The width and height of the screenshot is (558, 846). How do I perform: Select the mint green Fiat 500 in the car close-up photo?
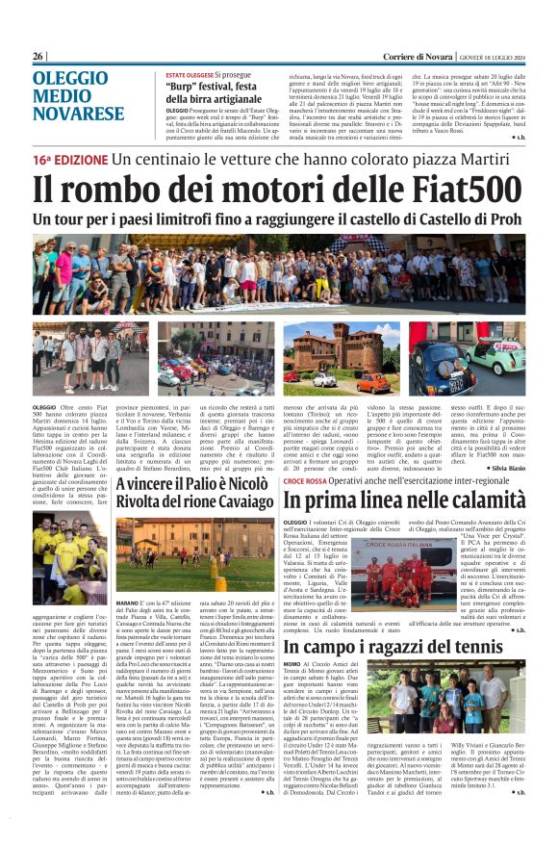tap(496, 358)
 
